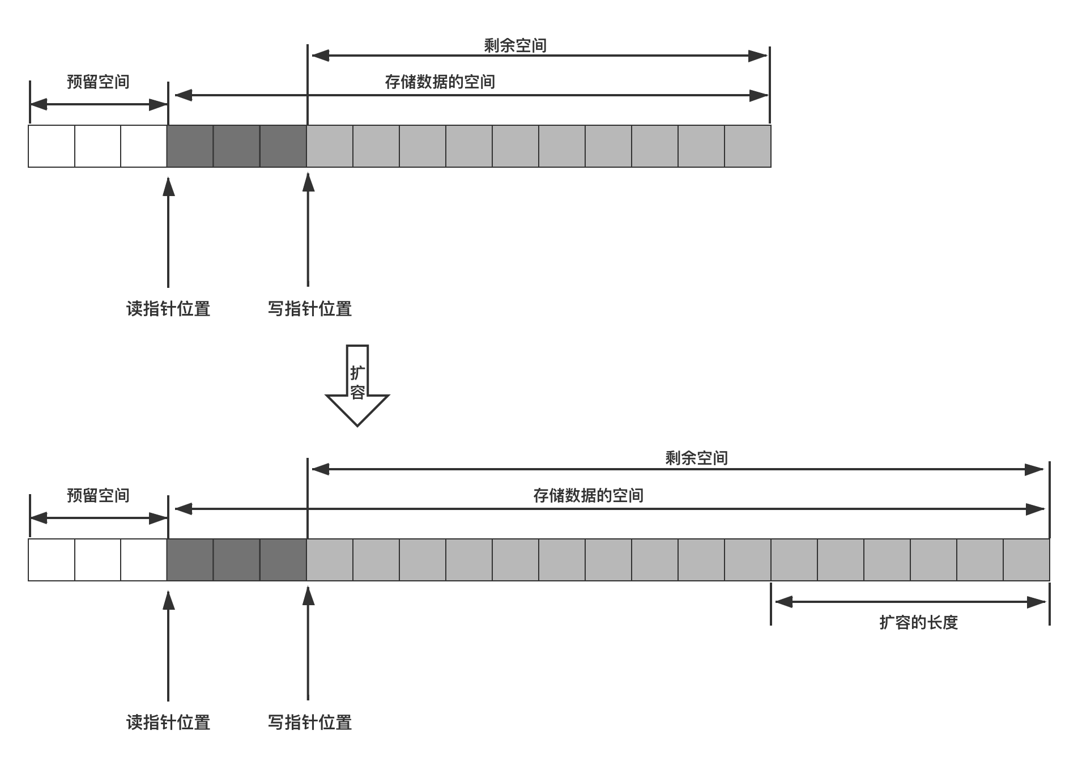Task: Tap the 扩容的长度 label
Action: pos(918,622)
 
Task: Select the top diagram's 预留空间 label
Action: pos(98,82)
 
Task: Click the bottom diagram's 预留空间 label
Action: pos(98,496)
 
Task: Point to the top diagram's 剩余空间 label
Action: pos(515,45)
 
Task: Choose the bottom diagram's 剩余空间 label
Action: pos(696,458)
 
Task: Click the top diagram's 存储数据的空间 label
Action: pos(440,82)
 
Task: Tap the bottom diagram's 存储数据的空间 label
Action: pos(588,496)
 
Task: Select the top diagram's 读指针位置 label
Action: pos(168,309)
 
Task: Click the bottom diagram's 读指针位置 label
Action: pos(168,722)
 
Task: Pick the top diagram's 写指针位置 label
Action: pos(309,309)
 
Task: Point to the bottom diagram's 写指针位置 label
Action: pos(309,722)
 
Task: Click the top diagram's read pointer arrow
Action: pos(168,232)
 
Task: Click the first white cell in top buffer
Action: pos(52,146)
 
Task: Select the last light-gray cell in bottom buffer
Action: pos(1026,560)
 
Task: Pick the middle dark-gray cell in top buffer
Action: pos(237,146)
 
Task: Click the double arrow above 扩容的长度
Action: pos(910,602)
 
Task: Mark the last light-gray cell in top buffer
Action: pos(748,146)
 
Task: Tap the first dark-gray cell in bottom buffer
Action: pos(190,560)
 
